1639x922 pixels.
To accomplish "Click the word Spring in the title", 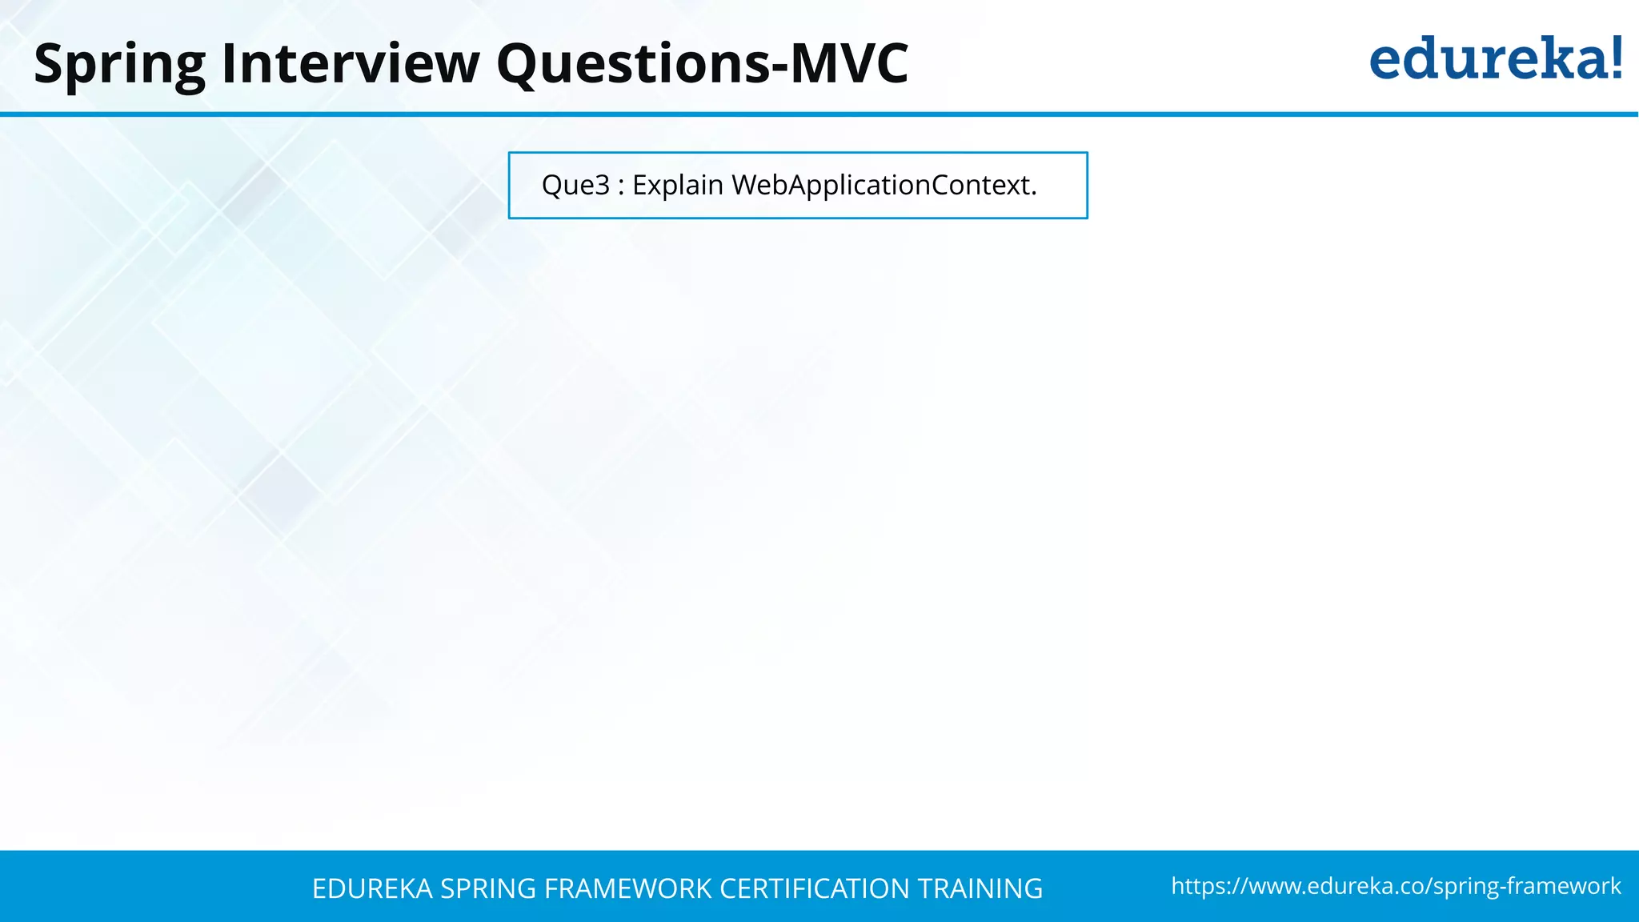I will click(120, 64).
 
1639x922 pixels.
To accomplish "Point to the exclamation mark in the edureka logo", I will click(1616, 58).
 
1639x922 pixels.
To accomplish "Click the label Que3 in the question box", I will click(575, 186).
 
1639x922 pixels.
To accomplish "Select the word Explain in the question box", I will click(678, 186).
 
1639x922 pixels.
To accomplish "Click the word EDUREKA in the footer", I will click(372, 889).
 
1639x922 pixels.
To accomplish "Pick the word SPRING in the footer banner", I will click(488, 889).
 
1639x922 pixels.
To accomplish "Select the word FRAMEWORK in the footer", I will click(628, 889).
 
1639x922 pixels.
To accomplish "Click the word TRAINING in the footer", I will click(980, 889).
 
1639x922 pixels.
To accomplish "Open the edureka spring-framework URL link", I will click(1396, 886).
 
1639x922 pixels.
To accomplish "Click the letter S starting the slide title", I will click(50, 64).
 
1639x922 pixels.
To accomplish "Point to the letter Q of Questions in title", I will click(522, 64).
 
